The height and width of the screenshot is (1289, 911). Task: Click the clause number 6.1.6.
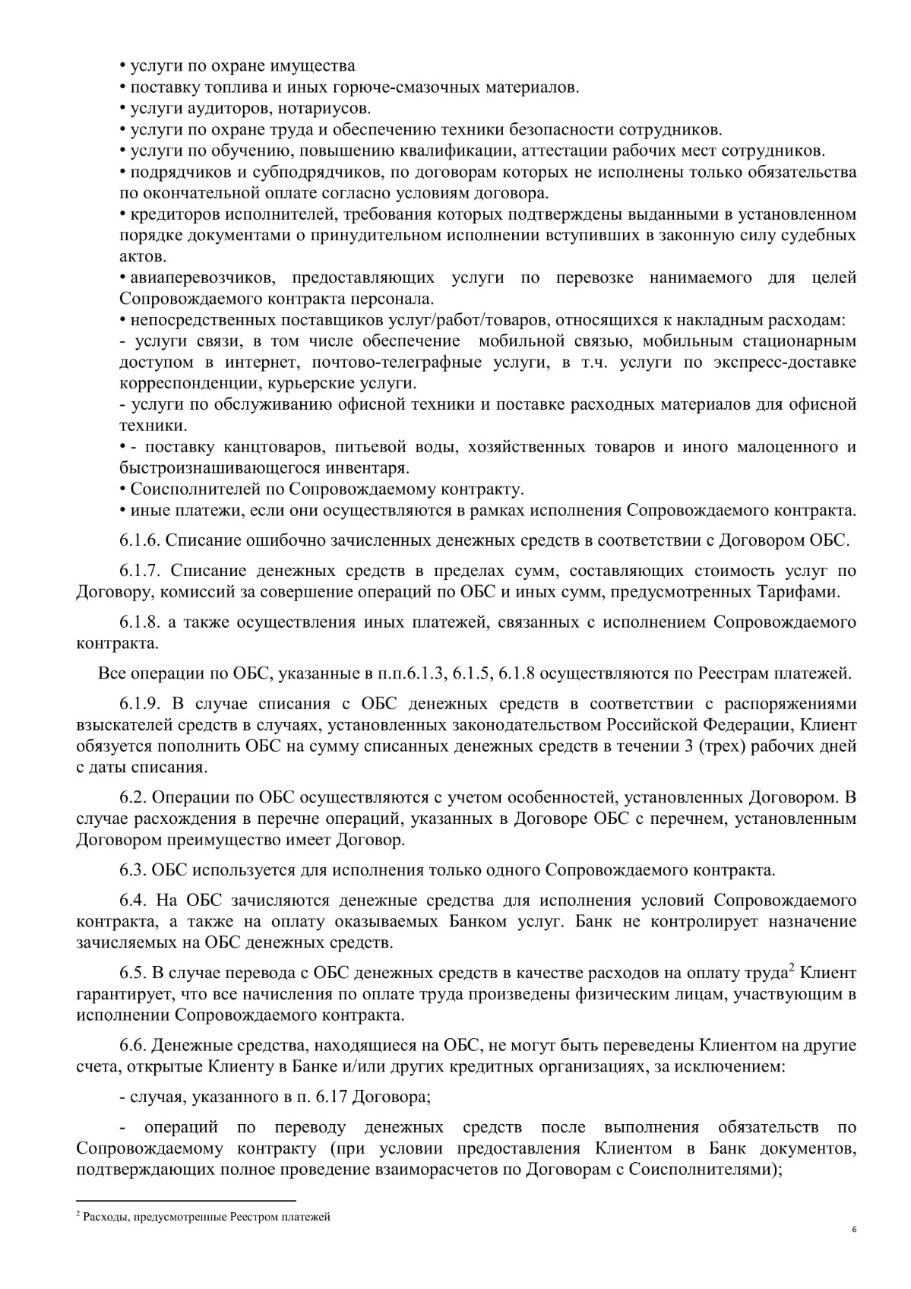pos(139,540)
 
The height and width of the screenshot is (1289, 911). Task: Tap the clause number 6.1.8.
pos(139,622)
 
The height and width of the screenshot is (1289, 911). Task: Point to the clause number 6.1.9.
pos(139,703)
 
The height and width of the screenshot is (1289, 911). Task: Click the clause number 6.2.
pos(133,797)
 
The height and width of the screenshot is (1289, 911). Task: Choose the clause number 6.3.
pos(133,869)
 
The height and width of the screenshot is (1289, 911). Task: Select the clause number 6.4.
pos(133,900)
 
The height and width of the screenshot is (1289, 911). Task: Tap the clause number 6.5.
pos(133,973)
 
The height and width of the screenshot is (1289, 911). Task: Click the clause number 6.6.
pos(133,1045)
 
